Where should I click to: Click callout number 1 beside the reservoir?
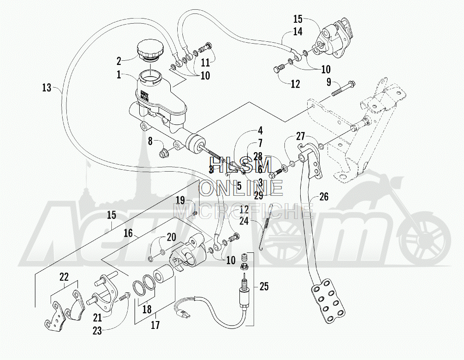click(119, 74)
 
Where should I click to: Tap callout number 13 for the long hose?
click(46, 87)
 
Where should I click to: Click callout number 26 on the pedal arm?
click(323, 197)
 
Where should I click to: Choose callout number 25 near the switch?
click(264, 287)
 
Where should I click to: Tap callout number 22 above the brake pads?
click(64, 277)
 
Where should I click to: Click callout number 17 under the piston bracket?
click(155, 325)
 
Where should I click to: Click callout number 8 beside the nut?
click(150, 141)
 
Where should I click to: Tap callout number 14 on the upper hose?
click(297, 32)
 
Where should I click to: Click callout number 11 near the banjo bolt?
click(205, 62)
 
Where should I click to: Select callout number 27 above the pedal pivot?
click(301, 136)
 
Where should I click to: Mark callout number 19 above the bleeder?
click(181, 200)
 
